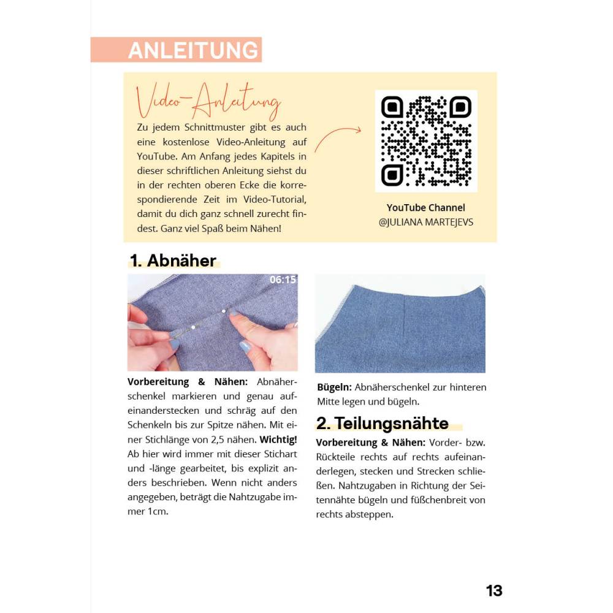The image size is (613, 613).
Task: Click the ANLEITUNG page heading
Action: (x=192, y=50)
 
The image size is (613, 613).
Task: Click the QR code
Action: (x=426, y=141)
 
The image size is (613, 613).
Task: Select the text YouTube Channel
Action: (x=425, y=208)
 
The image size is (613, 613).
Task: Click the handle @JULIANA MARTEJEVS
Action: (x=425, y=223)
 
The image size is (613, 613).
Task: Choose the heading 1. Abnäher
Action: (x=173, y=261)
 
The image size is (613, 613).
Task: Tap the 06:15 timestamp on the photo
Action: (x=283, y=280)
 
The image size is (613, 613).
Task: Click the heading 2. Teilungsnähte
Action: (x=383, y=423)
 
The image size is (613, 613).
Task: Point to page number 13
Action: (x=494, y=590)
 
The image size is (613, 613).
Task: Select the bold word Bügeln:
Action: (x=334, y=387)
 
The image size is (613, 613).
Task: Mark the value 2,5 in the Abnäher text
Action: (x=219, y=439)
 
